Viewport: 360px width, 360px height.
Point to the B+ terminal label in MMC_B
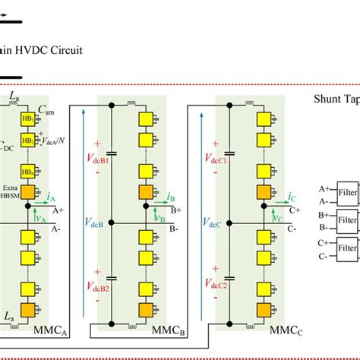[x=175, y=210]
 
